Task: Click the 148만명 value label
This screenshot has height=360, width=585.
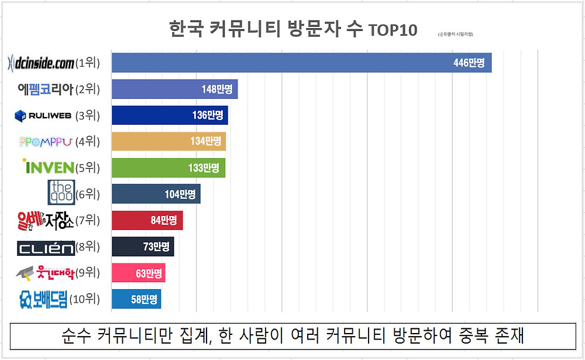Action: pyautogui.click(x=216, y=89)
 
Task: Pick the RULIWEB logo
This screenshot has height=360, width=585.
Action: pyautogui.click(x=43, y=115)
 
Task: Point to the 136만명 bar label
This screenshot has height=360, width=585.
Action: pyautogui.click(x=208, y=115)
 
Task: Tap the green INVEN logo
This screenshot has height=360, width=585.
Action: pyautogui.click(x=48, y=167)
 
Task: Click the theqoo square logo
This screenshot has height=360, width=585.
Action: pyautogui.click(x=61, y=193)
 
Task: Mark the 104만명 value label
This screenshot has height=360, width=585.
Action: pyautogui.click(x=180, y=194)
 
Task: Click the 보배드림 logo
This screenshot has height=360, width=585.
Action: pyautogui.click(x=43, y=300)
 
